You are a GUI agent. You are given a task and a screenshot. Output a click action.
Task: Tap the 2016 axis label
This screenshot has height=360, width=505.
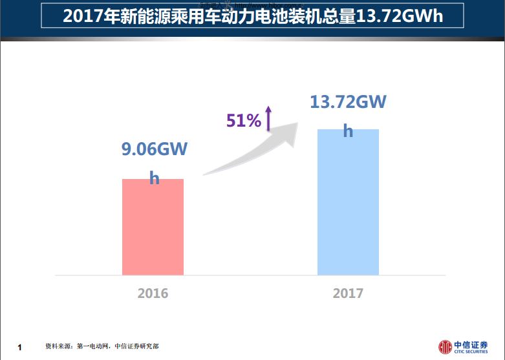click(153, 293)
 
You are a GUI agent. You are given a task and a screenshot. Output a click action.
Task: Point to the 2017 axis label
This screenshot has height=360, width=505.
click(348, 293)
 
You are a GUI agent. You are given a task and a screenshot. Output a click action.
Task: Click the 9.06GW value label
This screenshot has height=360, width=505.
click(155, 150)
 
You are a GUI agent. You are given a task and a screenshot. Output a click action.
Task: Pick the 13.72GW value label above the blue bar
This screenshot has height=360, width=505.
click(348, 102)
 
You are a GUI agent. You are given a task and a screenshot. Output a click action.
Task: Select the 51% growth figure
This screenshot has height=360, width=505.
click(243, 120)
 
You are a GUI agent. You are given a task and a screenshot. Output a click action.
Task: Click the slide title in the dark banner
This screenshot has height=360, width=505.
click(253, 16)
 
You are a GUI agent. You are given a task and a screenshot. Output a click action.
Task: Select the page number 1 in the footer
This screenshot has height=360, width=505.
click(19, 348)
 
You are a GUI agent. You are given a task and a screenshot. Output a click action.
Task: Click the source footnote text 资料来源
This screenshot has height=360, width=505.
click(58, 346)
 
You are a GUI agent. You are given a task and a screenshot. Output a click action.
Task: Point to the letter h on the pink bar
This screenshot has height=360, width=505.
click(154, 178)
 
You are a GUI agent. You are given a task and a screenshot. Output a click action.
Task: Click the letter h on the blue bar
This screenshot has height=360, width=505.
click(348, 131)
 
